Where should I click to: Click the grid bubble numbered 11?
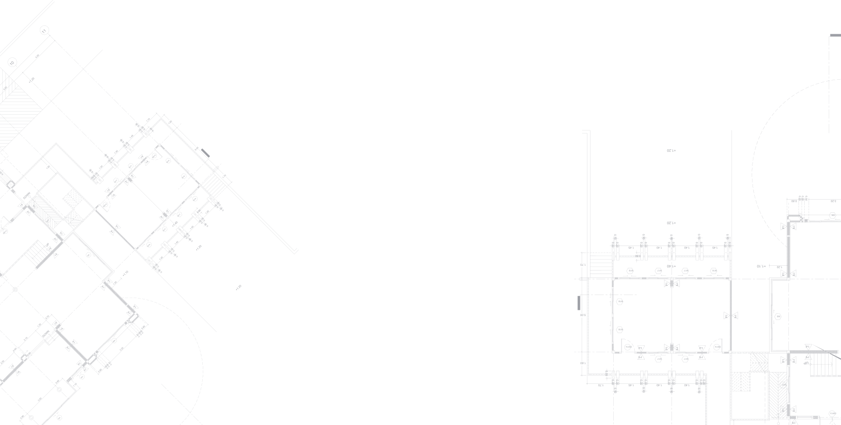[x=44, y=30]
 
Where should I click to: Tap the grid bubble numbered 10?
[x=12, y=62]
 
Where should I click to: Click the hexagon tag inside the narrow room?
[x=778, y=316]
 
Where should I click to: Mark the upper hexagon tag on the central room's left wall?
[x=620, y=302]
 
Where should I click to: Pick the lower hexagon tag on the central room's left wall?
[x=620, y=330]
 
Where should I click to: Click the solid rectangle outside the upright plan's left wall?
[x=579, y=302]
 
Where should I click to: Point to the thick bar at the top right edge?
[x=835, y=35]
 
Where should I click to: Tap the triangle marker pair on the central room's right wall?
[x=731, y=315]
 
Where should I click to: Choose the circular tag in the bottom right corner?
[x=832, y=413]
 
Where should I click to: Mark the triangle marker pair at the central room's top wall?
[x=672, y=284]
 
